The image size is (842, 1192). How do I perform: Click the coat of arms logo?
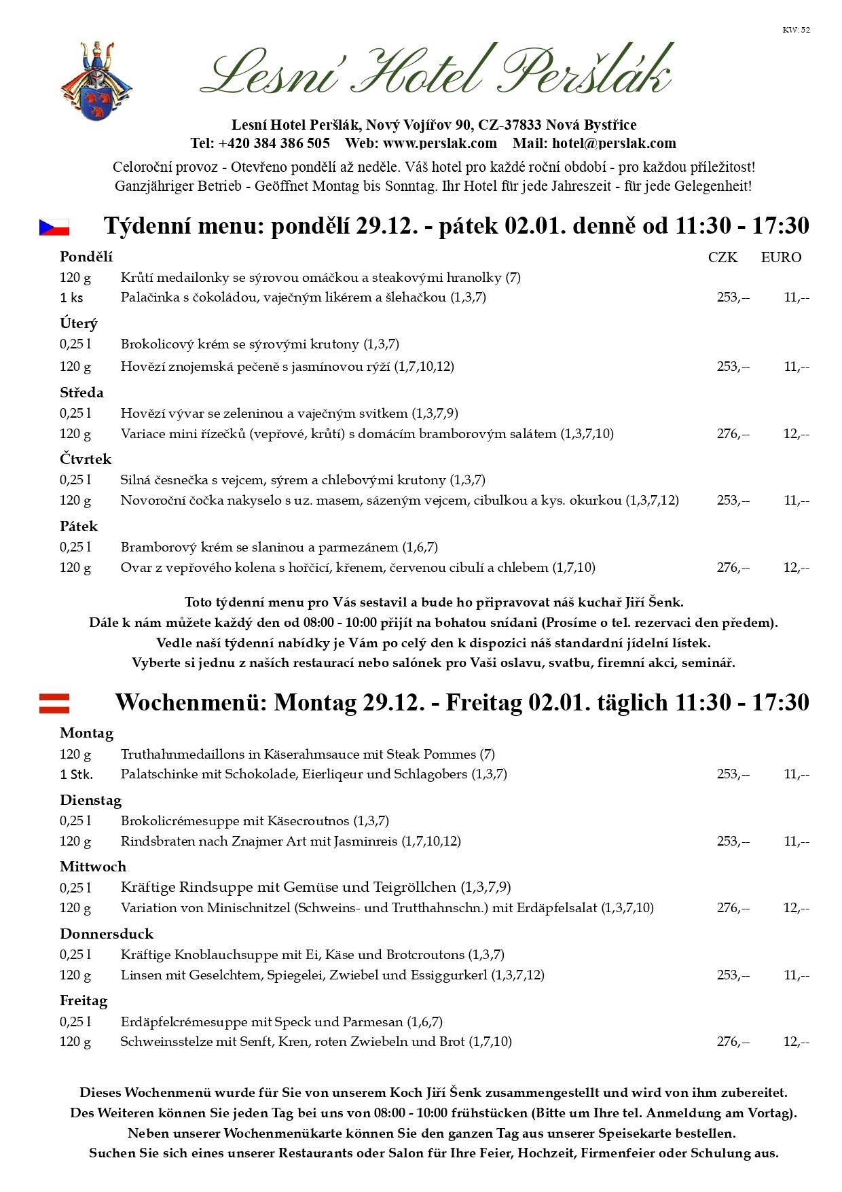pyautogui.click(x=96, y=81)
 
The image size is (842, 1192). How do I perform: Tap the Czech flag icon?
pyautogui.click(x=54, y=227)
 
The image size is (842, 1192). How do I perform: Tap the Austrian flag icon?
pyautogui.click(x=54, y=703)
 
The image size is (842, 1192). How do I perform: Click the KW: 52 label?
pyautogui.click(x=796, y=30)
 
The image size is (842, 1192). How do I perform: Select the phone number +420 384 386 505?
pyautogui.click(x=274, y=143)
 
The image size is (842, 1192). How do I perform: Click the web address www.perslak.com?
pyautogui.click(x=439, y=143)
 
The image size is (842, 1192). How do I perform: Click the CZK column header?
pyautogui.click(x=722, y=257)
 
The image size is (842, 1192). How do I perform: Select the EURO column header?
pyautogui.click(x=781, y=257)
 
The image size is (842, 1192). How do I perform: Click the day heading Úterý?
pyautogui.click(x=79, y=323)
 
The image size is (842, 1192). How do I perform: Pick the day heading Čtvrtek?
pyautogui.click(x=86, y=459)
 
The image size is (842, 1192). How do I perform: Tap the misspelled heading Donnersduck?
pyautogui.click(x=107, y=934)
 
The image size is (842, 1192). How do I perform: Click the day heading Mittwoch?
pyautogui.click(x=93, y=867)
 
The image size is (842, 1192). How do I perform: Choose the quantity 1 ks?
pyautogui.click(x=71, y=297)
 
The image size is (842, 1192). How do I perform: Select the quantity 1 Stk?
pyautogui.click(x=76, y=774)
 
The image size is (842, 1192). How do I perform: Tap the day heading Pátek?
pyautogui.click(x=79, y=526)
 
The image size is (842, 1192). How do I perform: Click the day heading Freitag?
pyautogui.click(x=84, y=1001)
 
